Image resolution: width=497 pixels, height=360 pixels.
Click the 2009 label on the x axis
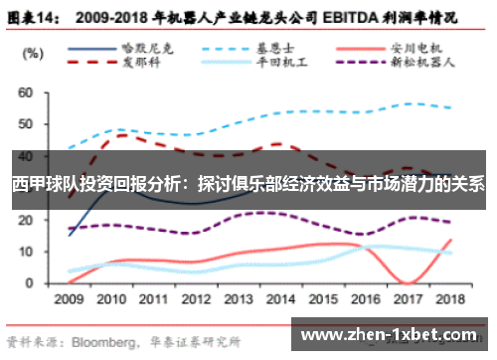(x=69, y=297)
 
